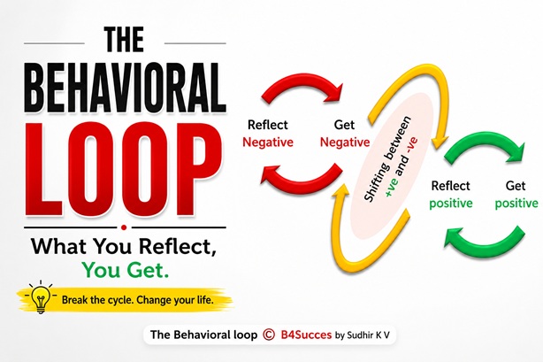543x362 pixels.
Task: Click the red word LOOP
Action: pos(124,169)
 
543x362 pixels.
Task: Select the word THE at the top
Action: pos(124,40)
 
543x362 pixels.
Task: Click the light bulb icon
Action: pos(41,297)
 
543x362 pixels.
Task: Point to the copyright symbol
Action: pos(269,335)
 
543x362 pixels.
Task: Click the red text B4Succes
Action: pos(306,335)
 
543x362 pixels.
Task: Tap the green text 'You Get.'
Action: pos(126,270)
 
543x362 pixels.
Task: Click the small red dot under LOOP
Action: pos(125,227)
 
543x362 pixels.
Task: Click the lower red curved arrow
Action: pos(301,180)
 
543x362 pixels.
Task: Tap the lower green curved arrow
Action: pos(485,246)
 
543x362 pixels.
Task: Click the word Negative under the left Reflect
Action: pos(268,142)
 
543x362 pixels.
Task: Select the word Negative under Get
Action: pos(345,142)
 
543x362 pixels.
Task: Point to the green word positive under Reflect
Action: pos(450,204)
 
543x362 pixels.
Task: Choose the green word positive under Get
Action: pos(516,204)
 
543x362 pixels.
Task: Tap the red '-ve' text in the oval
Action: pos(413,146)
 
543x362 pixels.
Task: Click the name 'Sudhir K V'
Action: pos(368,335)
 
